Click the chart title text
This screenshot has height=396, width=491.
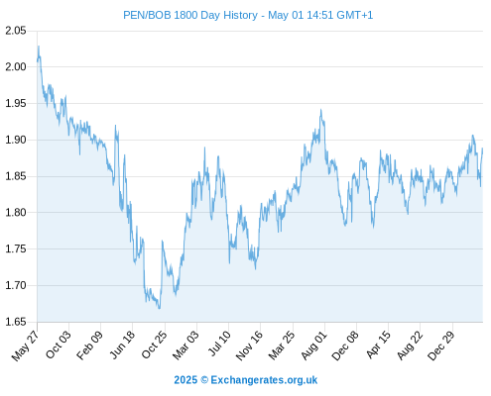pyautogui.click(x=248, y=15)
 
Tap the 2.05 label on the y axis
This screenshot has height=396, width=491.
pyautogui.click(x=16, y=31)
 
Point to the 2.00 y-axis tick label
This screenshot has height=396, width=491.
pyautogui.click(x=16, y=66)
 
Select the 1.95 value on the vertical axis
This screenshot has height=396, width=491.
pyautogui.click(x=16, y=103)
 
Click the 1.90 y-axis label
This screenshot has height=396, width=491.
pyautogui.click(x=16, y=140)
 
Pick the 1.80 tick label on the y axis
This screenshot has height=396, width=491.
pyautogui.click(x=16, y=212)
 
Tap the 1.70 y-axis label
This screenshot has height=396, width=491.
pyautogui.click(x=16, y=285)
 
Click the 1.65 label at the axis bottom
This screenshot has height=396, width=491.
pyautogui.click(x=16, y=322)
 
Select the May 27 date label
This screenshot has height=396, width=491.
pyautogui.click(x=25, y=346)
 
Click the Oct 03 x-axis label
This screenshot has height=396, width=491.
pyautogui.click(x=59, y=345)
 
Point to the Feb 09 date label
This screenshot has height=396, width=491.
pyautogui.click(x=89, y=345)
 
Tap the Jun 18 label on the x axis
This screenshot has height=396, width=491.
pyautogui.click(x=122, y=345)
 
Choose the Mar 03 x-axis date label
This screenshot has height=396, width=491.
pyautogui.click(x=185, y=345)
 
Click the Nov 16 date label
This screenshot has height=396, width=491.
pyautogui.click(x=249, y=345)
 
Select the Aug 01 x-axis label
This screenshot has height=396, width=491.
pyautogui.click(x=314, y=345)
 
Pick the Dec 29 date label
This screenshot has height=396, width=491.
pyautogui.click(x=441, y=345)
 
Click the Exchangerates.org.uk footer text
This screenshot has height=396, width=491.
pyautogui.click(x=264, y=380)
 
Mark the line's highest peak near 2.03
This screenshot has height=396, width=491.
pyautogui.click(x=39, y=47)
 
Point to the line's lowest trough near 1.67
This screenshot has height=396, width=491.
pyautogui.click(x=160, y=308)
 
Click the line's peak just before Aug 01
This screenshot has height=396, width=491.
pyautogui.click(x=320, y=110)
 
